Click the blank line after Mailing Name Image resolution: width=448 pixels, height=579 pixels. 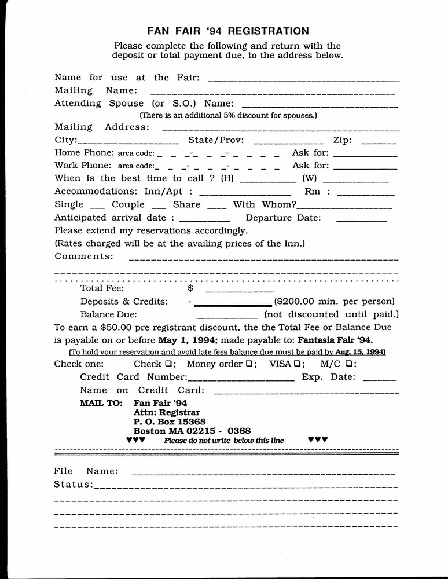[x=273, y=92]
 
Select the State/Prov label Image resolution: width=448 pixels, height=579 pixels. [x=216, y=140]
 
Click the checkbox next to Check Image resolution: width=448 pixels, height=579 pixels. [x=167, y=364]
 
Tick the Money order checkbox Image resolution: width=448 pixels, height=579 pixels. [x=248, y=364]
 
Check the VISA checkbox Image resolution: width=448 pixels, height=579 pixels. [x=296, y=364]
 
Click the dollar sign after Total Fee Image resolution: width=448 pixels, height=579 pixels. [x=190, y=288]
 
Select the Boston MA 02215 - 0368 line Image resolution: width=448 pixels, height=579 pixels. [x=192, y=431]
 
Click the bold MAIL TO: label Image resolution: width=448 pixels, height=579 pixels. [x=101, y=403]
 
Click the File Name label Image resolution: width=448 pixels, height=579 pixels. [x=86, y=471]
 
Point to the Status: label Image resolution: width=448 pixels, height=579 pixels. [x=73, y=484]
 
